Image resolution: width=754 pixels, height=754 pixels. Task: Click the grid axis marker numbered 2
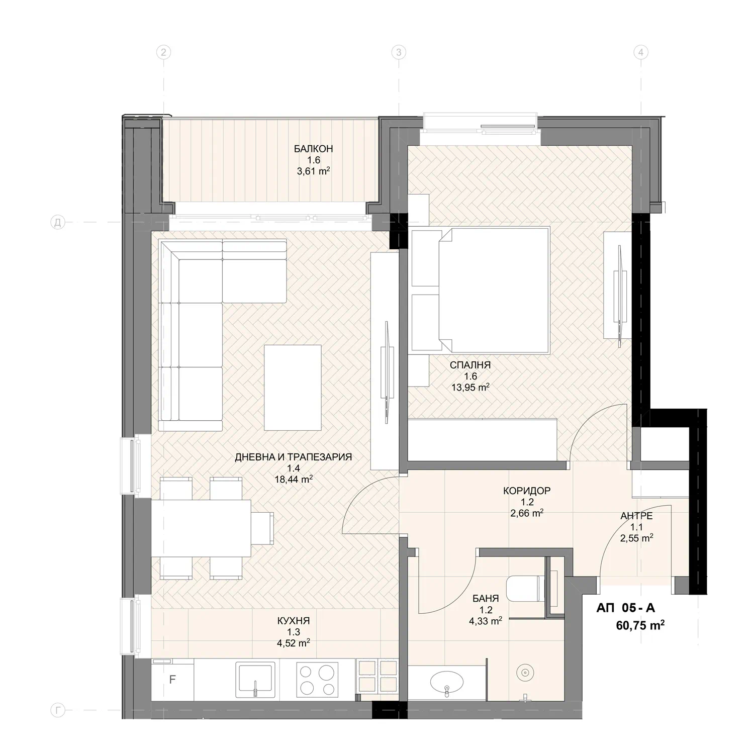[162, 52]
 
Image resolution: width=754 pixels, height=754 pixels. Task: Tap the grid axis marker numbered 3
[399, 52]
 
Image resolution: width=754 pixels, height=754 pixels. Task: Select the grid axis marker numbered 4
[640, 52]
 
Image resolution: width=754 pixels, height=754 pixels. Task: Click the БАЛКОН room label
[314, 149]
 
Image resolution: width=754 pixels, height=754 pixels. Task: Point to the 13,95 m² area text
[470, 387]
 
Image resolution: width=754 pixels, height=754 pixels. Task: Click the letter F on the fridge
[172, 680]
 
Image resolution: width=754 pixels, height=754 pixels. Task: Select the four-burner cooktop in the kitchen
[317, 679]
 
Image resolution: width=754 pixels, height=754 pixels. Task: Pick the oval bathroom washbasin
[446, 683]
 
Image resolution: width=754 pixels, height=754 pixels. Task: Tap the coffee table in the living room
[293, 388]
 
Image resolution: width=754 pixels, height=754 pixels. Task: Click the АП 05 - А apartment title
[626, 608]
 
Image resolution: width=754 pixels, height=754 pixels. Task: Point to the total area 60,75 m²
[641, 625]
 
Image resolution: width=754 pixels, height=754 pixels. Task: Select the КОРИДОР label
[527, 490]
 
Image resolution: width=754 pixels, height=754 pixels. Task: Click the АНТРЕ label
[636, 516]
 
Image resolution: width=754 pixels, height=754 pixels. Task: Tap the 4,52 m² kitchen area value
[293, 642]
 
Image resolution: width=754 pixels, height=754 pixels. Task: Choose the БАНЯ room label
[486, 599]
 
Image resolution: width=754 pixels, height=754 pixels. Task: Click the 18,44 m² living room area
[294, 479]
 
